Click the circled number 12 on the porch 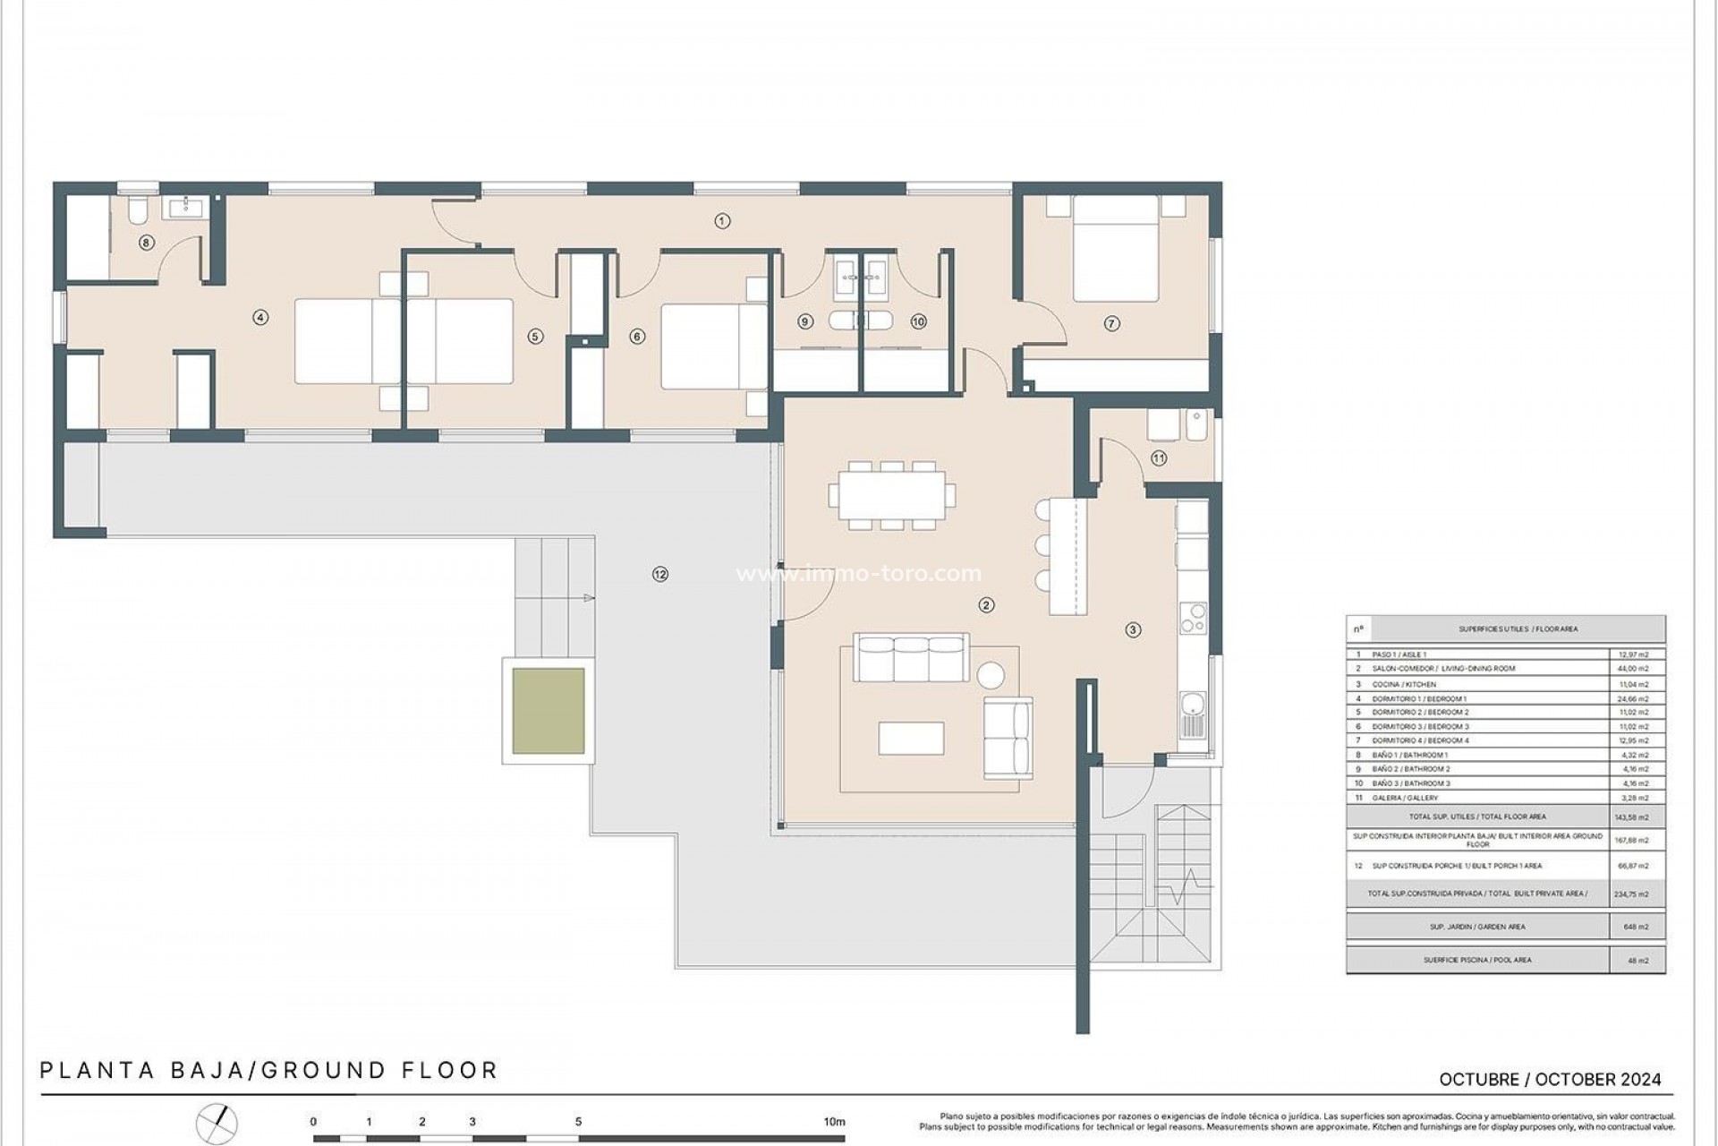[660, 575]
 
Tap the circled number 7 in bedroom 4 [1111, 324]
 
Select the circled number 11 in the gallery [1159, 458]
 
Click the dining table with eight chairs [892, 495]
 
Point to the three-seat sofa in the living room [911, 658]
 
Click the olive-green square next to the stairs [549, 711]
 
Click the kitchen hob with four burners [1193, 618]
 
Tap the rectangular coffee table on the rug [911, 739]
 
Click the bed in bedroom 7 [1116, 248]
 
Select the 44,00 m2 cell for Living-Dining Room [1635, 669]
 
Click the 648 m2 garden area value [1636, 927]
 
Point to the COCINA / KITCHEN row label [1404, 684]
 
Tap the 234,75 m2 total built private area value [1636, 894]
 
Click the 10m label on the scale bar [834, 1122]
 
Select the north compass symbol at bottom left [217, 1122]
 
